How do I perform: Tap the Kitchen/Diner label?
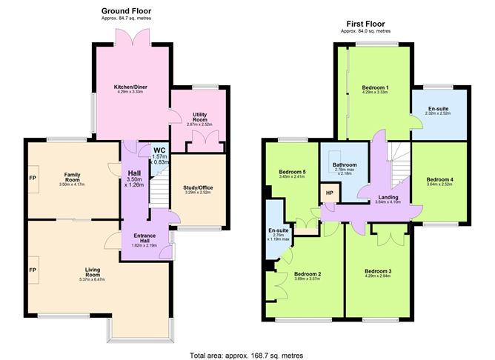click(x=130, y=87)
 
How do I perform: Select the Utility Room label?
click(x=199, y=116)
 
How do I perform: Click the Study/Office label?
click(x=198, y=187)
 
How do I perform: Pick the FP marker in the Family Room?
click(x=32, y=179)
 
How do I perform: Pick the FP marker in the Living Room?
click(x=32, y=269)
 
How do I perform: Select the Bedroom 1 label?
click(x=376, y=87)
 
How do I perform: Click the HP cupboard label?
click(x=330, y=195)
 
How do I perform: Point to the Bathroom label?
click(x=345, y=164)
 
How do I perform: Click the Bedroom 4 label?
click(x=439, y=179)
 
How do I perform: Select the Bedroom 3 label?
click(x=379, y=271)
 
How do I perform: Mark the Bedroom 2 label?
click(x=307, y=273)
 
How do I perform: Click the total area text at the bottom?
click(x=247, y=355)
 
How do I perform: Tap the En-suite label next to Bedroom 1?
click(x=437, y=109)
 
